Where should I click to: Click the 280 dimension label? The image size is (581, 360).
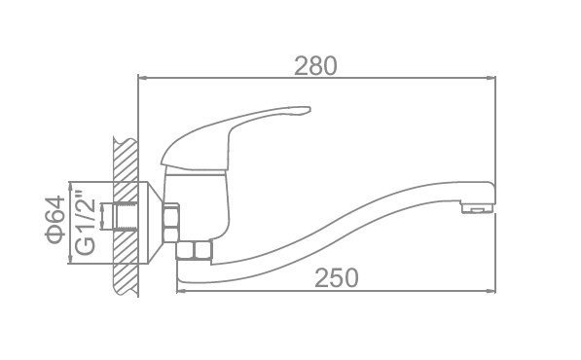pos(315,66)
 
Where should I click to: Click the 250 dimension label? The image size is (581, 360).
pos(337,277)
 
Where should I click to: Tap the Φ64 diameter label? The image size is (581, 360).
pos(55,219)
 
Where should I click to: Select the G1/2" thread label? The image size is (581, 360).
pos(86,223)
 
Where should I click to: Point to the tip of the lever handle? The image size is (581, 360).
pos(309,109)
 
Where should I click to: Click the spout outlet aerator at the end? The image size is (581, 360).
pos(477,208)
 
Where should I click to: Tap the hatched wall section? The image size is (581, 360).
pos(126,216)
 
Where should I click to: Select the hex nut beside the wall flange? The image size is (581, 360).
pos(171,223)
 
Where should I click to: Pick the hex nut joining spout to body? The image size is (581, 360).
pos(195,250)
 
